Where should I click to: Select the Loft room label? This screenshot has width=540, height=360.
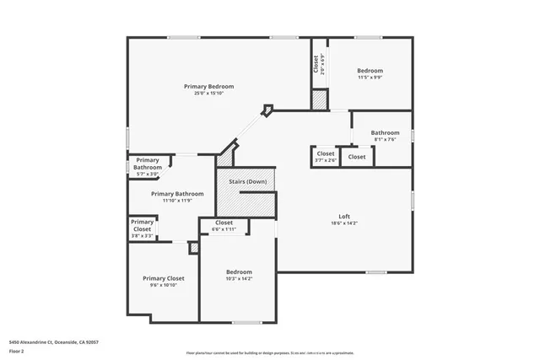coord(343,216)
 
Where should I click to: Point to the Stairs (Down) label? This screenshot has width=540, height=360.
coord(246,181)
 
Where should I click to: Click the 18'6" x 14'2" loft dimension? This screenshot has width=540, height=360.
coord(343,223)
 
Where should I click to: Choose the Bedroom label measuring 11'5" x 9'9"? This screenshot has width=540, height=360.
coord(370,70)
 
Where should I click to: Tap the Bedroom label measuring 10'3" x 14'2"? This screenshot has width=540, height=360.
coord(239,271)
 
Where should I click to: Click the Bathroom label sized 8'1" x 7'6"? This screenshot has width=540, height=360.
coord(385,132)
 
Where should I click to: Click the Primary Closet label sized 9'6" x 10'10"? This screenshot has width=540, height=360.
coord(164,278)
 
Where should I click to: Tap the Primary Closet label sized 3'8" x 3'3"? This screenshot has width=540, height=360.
coord(143,225)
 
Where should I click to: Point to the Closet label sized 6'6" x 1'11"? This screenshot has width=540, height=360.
coord(224,223)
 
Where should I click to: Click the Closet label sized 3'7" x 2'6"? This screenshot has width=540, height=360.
coord(326,153)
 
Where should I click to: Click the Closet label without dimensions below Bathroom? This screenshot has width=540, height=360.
coord(357,157)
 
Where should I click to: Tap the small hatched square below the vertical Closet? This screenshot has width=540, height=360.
coord(319,99)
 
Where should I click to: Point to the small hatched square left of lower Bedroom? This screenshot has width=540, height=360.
coord(193,248)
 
